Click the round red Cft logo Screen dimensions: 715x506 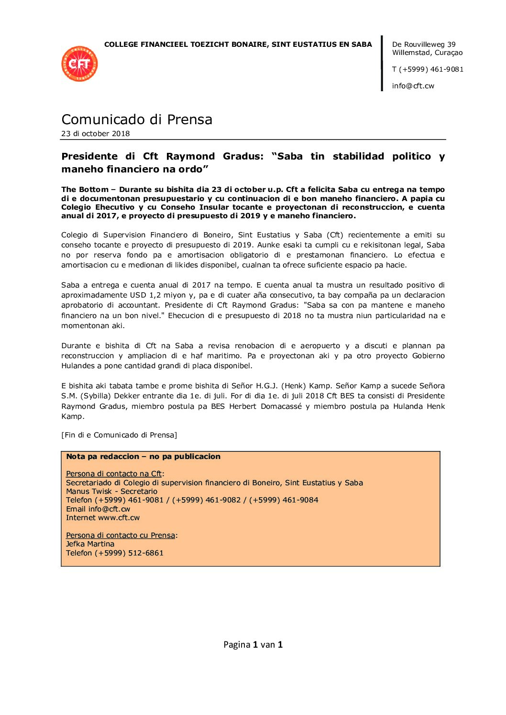[79, 64]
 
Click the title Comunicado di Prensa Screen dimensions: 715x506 [137, 119]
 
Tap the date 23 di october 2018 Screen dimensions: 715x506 [96, 134]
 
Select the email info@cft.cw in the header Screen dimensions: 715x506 [413, 86]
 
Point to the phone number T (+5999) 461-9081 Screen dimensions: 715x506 [428, 69]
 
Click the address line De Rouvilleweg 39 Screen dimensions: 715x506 [424, 44]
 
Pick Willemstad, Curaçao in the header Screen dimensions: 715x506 [427, 53]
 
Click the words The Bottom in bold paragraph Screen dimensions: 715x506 [85, 190]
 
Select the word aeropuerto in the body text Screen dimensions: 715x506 [320, 346]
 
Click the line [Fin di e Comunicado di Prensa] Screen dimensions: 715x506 [119, 435]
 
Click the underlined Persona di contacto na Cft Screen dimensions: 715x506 [114, 474]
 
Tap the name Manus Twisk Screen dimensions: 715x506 [88, 491]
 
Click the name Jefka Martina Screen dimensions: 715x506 [90, 544]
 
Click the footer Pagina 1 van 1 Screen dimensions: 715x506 [253, 645]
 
